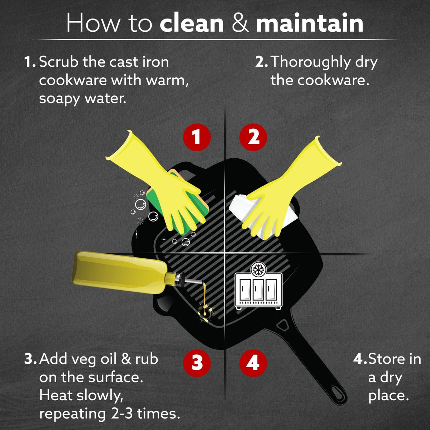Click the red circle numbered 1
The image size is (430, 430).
pyautogui.click(x=197, y=137)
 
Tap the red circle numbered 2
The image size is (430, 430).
pyautogui.click(x=253, y=137)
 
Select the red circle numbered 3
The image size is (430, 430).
pyautogui.click(x=197, y=363)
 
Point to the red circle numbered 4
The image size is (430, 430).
pyautogui.click(x=253, y=363)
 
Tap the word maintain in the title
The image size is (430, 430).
pyautogui.click(x=310, y=23)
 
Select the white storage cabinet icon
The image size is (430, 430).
pyautogui.click(x=258, y=291)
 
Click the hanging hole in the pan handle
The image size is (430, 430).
pyautogui.click(x=338, y=397)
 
